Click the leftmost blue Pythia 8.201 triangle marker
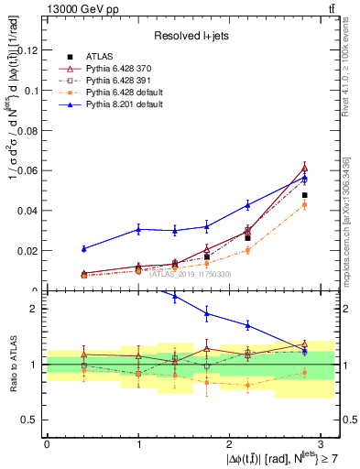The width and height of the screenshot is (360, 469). (83, 248)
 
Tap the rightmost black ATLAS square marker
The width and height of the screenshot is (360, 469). (305, 195)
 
